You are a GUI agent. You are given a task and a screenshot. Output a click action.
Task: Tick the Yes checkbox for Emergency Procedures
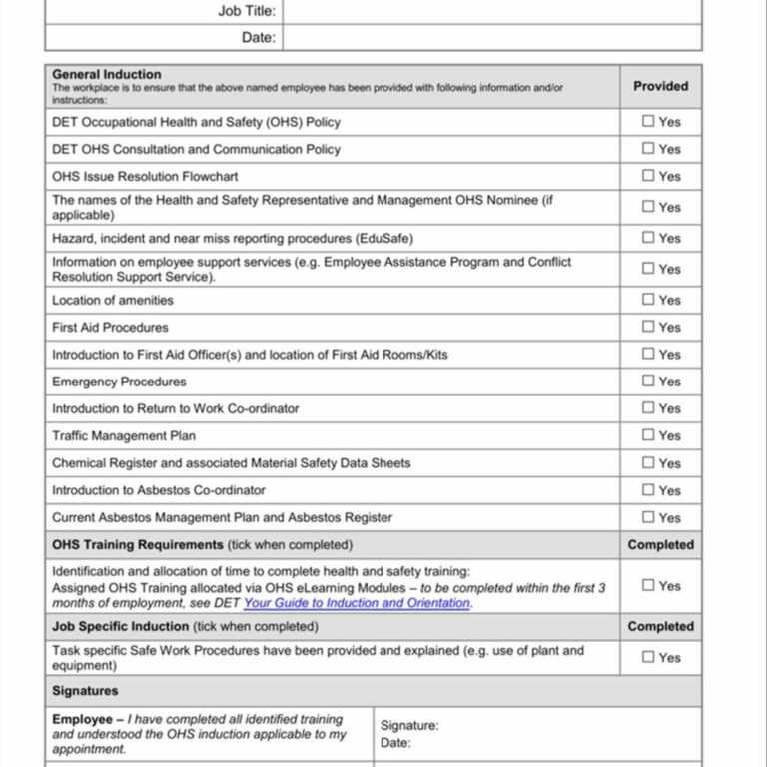tap(649, 381)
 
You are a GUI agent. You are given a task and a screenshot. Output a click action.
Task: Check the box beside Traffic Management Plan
tap(649, 435)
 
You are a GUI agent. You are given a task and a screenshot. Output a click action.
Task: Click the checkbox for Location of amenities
tap(649, 299)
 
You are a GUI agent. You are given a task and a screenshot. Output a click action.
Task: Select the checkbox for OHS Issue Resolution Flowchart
tap(649, 175)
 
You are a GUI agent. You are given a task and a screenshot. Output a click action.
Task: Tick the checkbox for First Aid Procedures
tap(649, 327)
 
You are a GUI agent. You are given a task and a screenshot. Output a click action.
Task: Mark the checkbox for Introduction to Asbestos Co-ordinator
tap(649, 490)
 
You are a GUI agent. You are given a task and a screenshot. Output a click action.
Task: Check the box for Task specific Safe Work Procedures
tap(649, 657)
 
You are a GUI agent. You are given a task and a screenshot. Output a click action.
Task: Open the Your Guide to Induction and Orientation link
tap(357, 603)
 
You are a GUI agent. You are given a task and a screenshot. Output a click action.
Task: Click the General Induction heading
tap(106, 74)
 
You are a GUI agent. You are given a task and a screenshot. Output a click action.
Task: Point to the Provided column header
tap(660, 86)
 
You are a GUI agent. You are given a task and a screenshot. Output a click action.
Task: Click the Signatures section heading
tap(85, 691)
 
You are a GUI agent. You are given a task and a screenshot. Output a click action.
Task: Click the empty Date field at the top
tap(491, 38)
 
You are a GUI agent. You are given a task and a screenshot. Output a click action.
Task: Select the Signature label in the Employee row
tap(409, 726)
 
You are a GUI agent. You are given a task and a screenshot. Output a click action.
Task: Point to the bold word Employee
tap(82, 719)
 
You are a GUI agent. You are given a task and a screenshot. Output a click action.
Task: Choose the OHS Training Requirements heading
tap(138, 545)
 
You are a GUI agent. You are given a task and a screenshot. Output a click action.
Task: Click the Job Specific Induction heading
tap(121, 626)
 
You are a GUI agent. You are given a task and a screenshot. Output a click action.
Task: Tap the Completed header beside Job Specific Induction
tap(660, 626)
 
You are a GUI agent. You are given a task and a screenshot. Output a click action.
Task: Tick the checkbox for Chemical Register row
tap(649, 463)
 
